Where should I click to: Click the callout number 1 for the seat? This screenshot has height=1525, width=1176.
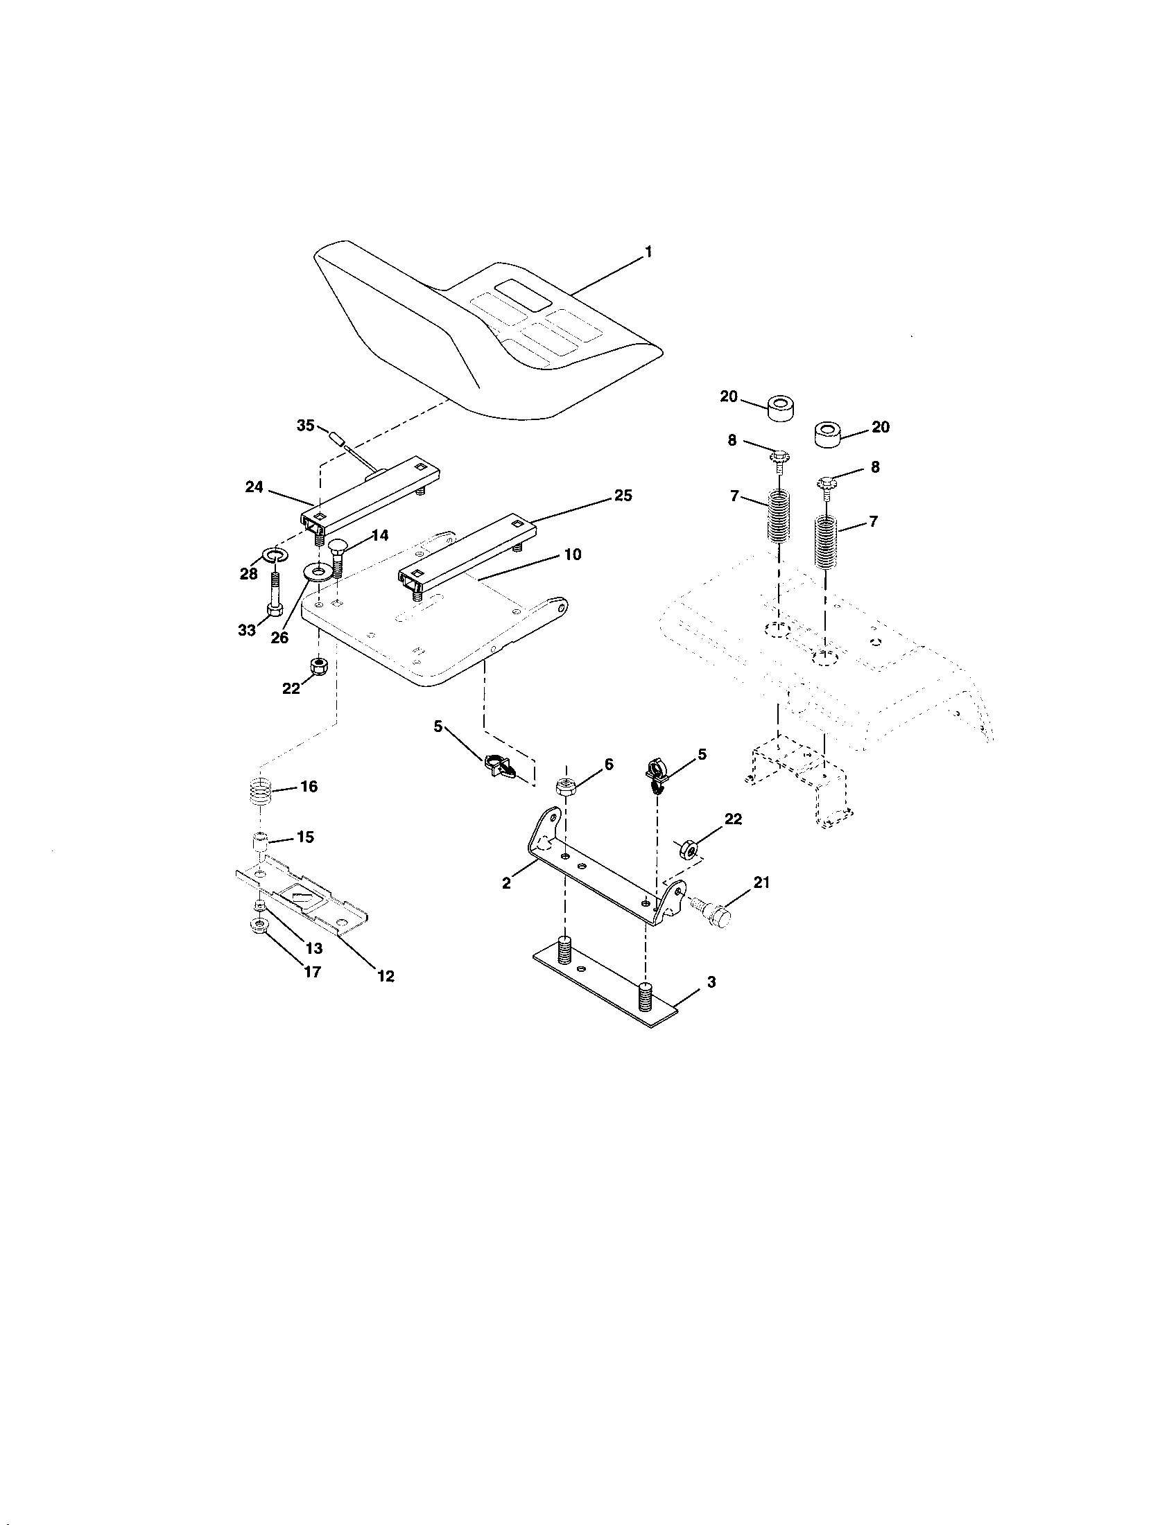[649, 252]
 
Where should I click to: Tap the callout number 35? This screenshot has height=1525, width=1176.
[306, 425]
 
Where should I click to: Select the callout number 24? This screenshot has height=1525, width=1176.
[254, 487]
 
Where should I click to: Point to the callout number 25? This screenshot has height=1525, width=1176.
[623, 495]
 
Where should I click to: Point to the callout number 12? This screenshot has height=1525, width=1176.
[386, 976]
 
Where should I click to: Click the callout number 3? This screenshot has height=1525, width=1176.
[711, 982]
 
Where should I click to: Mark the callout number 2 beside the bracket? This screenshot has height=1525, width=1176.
[506, 883]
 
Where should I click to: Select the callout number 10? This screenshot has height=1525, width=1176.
[573, 555]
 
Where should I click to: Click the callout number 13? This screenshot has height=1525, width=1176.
[314, 948]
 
